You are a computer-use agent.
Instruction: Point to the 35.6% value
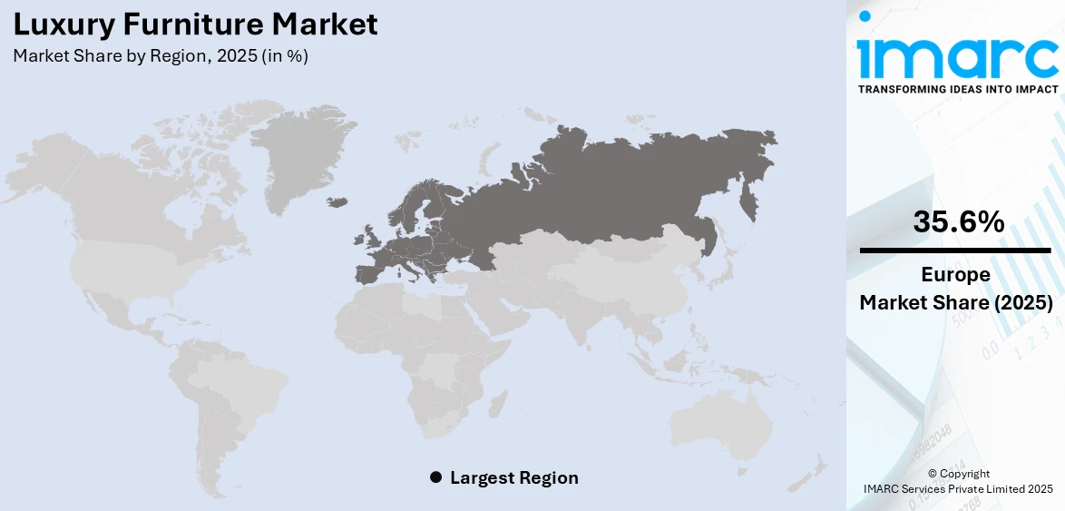click(x=958, y=221)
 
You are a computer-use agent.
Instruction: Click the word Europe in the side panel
click(x=956, y=274)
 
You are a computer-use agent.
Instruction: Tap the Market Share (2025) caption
click(x=956, y=302)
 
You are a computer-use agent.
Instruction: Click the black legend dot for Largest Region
click(x=435, y=477)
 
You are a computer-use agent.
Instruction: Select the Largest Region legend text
click(x=513, y=477)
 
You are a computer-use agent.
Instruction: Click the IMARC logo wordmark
click(x=957, y=56)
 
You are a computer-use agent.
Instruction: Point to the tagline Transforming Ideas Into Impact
click(x=957, y=89)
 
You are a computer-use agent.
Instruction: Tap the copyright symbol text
click(x=959, y=474)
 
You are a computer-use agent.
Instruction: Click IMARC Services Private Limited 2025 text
click(x=958, y=489)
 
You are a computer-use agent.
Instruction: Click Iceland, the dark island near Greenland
click(x=338, y=201)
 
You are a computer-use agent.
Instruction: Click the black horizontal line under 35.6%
click(x=956, y=250)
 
